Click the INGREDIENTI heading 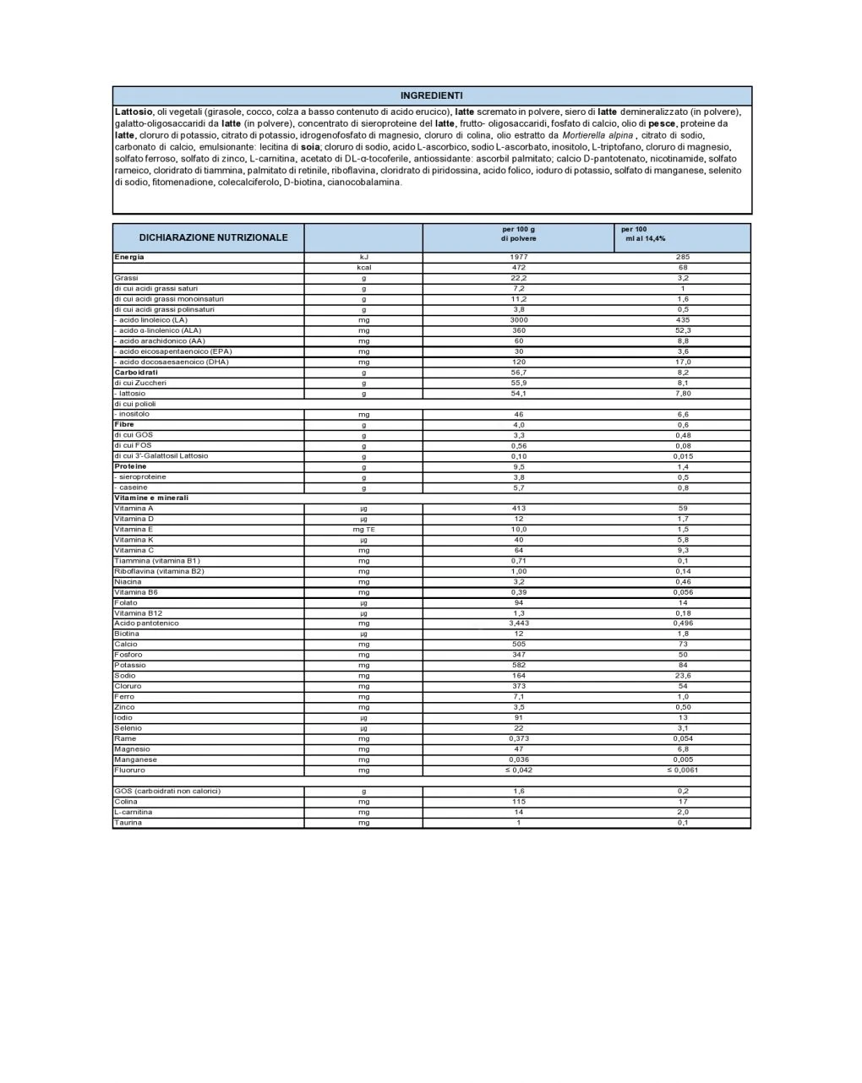coord(431,95)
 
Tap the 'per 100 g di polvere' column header coord(518,234)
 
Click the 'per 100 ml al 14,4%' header coord(644,234)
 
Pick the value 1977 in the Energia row coord(518,257)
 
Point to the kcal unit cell coord(363,267)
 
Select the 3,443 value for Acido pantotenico coord(518,623)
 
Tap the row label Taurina coord(128,822)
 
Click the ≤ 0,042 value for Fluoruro coord(518,770)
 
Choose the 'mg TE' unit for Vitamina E coord(363,529)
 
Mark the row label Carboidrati coord(136,372)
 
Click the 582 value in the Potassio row coord(518,665)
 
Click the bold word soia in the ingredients coord(309,147)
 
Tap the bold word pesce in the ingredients coord(661,123)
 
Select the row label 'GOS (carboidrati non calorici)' coord(166,791)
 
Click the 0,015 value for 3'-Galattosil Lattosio coord(682,456)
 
